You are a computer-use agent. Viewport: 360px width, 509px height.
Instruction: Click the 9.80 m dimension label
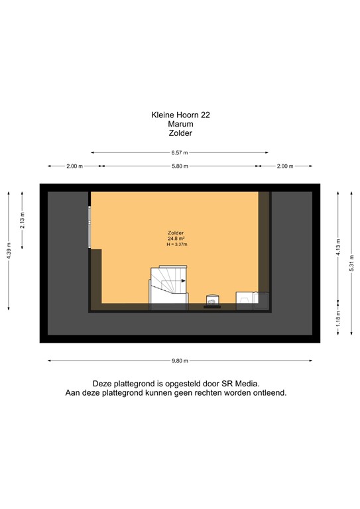[x=180, y=361]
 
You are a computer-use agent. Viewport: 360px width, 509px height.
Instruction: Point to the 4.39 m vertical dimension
[x=9, y=250]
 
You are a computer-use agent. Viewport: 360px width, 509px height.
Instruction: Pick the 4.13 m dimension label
[x=338, y=250]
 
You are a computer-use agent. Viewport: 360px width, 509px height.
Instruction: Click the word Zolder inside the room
[x=176, y=233]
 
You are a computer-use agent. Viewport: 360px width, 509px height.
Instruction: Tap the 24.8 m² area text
[x=176, y=239]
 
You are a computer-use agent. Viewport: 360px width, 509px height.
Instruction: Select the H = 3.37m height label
[x=177, y=245]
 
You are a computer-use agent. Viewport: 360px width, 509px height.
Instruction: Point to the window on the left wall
[x=89, y=227]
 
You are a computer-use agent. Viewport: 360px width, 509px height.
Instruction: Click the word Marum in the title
[x=180, y=123]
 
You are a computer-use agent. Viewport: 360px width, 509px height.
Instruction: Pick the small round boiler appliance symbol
[x=213, y=300]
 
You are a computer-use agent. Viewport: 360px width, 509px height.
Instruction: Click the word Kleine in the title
[x=162, y=115]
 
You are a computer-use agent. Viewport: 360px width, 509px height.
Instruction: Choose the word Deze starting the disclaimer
[x=103, y=383]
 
